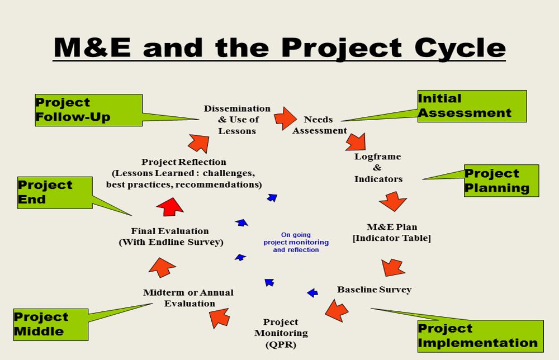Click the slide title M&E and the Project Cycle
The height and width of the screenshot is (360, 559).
click(279, 48)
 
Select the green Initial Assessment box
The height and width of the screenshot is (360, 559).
click(472, 106)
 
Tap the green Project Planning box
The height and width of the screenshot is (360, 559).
click(501, 181)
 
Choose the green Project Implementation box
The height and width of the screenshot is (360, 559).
click(480, 336)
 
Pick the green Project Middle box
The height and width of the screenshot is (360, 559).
click(51, 324)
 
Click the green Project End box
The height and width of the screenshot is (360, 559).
click(54, 192)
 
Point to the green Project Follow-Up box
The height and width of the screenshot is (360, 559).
click(88, 110)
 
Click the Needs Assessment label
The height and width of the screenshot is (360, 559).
click(319, 125)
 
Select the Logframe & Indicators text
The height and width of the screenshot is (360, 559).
click(378, 168)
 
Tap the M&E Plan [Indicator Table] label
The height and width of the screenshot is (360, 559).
click(391, 233)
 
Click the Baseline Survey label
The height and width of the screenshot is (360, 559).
click(374, 290)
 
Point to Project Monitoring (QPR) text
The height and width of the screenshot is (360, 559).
click(281, 333)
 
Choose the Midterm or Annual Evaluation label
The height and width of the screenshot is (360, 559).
click(188, 298)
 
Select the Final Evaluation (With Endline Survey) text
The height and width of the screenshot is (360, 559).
click(170, 236)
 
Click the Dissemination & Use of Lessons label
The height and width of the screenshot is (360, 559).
click(237, 120)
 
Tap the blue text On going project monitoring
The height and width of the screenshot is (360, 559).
click(296, 243)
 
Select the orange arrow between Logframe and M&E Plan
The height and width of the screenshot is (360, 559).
click(393, 201)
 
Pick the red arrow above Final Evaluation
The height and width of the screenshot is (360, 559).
click(170, 206)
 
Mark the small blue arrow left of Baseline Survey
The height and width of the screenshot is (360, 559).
click(312, 292)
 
